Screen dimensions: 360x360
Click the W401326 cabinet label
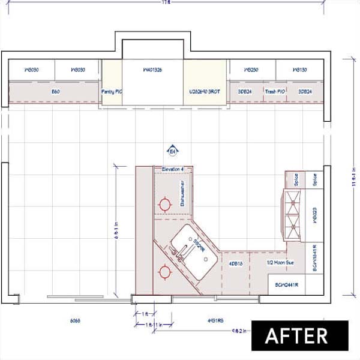coord(152,70)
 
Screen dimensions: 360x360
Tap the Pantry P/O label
coord(112,92)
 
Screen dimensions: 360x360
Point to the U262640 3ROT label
coord(205,92)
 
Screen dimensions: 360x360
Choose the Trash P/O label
coord(275,92)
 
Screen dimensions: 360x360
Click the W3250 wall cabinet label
coord(251,70)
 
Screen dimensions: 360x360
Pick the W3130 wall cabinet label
coord(299,70)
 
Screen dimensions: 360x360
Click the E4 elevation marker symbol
coord(173,151)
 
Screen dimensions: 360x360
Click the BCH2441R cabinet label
coord(287,284)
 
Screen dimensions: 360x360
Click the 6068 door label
coord(75,321)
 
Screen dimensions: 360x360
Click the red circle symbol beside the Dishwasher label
coord(164,205)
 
